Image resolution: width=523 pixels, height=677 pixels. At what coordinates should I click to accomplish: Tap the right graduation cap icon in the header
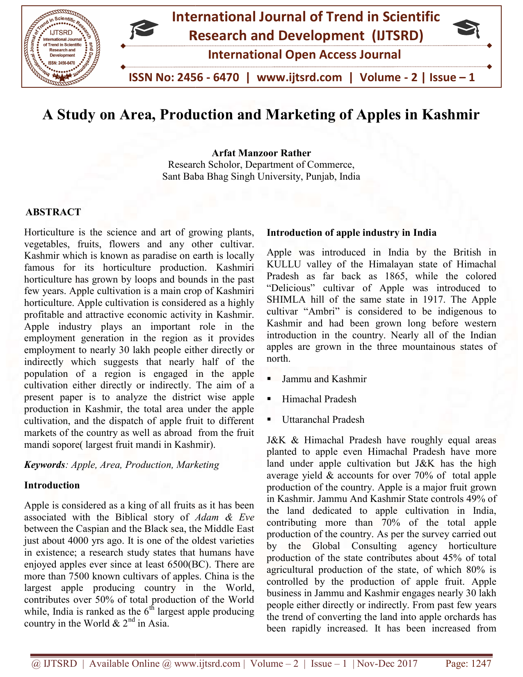[468, 30]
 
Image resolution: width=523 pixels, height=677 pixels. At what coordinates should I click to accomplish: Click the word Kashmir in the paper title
[450, 114]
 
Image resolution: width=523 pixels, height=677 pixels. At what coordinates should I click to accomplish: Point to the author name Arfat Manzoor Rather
[261, 153]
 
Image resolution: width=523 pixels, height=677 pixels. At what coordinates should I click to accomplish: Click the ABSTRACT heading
[53, 212]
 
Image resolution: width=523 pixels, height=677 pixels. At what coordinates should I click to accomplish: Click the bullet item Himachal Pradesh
[319, 399]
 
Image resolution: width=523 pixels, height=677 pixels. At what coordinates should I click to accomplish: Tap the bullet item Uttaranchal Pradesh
[323, 419]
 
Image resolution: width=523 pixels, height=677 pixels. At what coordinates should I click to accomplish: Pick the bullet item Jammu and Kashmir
[324, 379]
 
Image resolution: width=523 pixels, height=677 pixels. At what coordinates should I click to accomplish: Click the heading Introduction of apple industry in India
[352, 233]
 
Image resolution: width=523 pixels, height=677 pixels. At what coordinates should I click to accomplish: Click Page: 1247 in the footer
[468, 663]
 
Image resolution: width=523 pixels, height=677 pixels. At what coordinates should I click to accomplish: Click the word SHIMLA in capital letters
[284, 300]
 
